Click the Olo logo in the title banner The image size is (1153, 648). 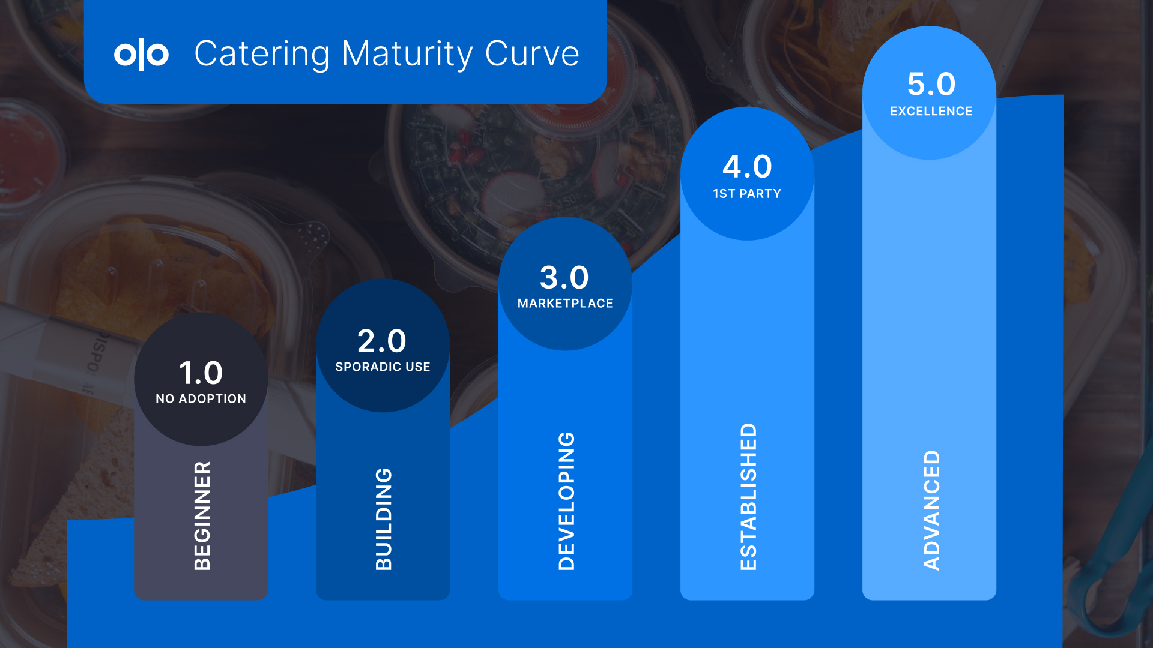tap(141, 54)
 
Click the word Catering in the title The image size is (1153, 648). tap(262, 54)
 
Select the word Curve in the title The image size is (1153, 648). tap(532, 53)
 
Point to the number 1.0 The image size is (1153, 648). tap(201, 373)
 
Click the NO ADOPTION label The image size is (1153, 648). tap(201, 399)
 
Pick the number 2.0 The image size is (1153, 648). tap(382, 341)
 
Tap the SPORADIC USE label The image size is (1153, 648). tap(383, 367)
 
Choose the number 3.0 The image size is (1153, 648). tap(564, 277)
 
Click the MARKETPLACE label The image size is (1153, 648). tap(565, 304)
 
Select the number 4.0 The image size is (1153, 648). tap(747, 167)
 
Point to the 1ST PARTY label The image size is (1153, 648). tap(747, 194)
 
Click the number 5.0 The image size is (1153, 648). tap(931, 84)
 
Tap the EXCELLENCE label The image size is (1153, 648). tap(931, 111)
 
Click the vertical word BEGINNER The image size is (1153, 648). tap(202, 515)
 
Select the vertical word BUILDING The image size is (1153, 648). tap(384, 519)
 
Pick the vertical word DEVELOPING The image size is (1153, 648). tap(566, 501)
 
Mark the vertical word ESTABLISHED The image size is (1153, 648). tap(748, 497)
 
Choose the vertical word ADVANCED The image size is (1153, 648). tap(931, 510)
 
